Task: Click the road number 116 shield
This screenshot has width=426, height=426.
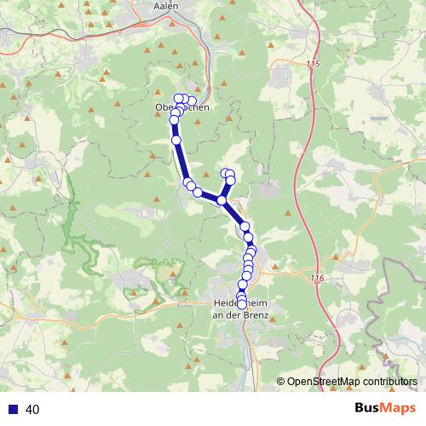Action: pyautogui.click(x=317, y=279)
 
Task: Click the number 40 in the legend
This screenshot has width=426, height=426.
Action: pyautogui.click(x=32, y=409)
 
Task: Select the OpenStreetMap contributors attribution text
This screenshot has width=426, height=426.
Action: pyautogui.click(x=352, y=381)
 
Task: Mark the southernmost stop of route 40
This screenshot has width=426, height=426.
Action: pyautogui.click(x=241, y=304)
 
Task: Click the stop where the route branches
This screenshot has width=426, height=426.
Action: pyautogui.click(x=222, y=200)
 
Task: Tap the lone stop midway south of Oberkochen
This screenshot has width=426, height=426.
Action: pyautogui.click(x=176, y=140)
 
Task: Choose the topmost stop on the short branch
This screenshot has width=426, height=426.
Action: pyautogui.click(x=227, y=173)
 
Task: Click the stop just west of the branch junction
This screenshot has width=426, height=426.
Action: pyautogui.click(x=199, y=193)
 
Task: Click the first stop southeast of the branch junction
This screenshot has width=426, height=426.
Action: pyautogui.click(x=245, y=226)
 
